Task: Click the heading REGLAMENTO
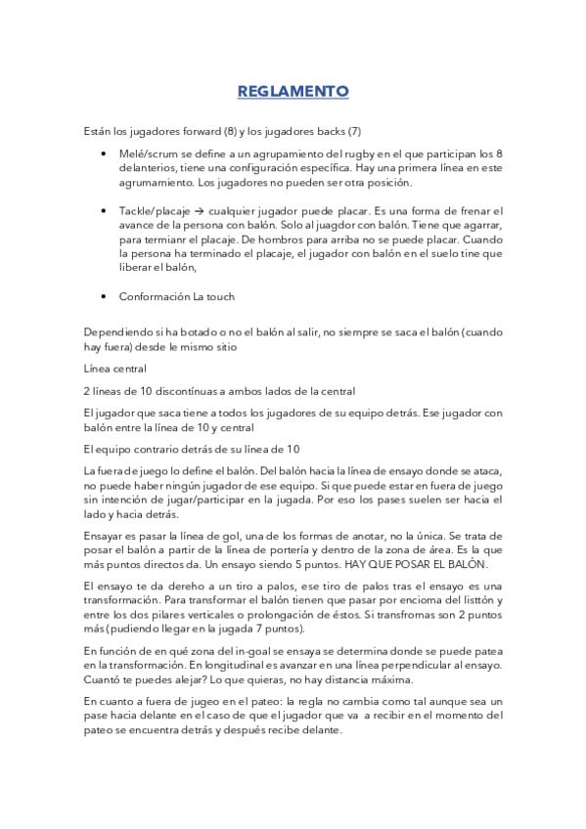click(293, 92)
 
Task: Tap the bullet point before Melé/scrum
click(105, 154)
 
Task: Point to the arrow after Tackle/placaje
click(196, 210)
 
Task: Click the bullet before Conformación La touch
click(105, 296)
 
